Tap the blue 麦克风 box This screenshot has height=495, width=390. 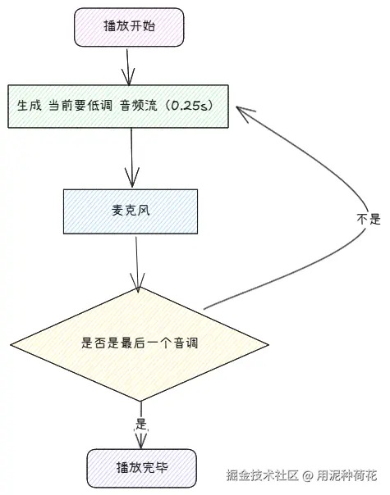click(131, 210)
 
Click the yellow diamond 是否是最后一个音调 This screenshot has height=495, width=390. click(140, 343)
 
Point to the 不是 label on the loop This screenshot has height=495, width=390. click(369, 219)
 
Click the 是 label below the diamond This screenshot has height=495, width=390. click(140, 425)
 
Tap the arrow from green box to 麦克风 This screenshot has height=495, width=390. click(131, 158)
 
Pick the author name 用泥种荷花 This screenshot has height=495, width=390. click(348, 475)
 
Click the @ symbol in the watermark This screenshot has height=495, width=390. click(307, 475)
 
